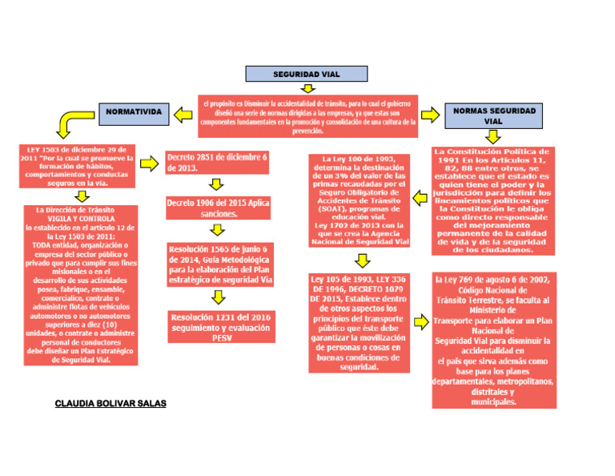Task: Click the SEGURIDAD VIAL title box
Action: (x=307, y=75)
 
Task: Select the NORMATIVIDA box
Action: (x=134, y=111)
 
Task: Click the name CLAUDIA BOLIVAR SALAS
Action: (x=111, y=403)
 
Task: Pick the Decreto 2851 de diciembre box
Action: (x=218, y=162)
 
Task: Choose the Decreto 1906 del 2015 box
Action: (x=218, y=208)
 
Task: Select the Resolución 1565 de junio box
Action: (x=221, y=264)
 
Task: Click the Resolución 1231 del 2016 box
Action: (x=221, y=328)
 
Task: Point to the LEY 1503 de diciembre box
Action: (x=78, y=166)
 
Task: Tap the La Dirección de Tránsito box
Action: (x=78, y=285)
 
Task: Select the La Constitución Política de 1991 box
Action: (x=491, y=200)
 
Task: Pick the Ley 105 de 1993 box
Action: (x=359, y=322)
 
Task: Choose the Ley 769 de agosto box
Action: (x=492, y=340)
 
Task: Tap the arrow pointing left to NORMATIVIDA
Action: (x=183, y=115)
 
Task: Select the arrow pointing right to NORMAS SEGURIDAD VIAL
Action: (x=431, y=115)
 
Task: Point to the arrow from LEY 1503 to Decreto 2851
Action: (x=149, y=164)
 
